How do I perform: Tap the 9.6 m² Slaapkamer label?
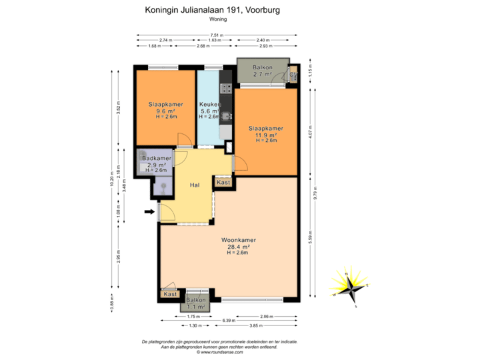[166, 105]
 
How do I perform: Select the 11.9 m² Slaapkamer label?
[266, 129]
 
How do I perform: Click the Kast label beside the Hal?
[224, 182]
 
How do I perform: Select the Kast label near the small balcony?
[171, 294]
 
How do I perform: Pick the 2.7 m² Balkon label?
[262, 69]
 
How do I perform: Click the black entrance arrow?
[148, 213]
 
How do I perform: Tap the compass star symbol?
[348, 283]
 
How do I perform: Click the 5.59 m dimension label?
[309, 237]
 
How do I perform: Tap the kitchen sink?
[227, 117]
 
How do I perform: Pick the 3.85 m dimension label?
[253, 326]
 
